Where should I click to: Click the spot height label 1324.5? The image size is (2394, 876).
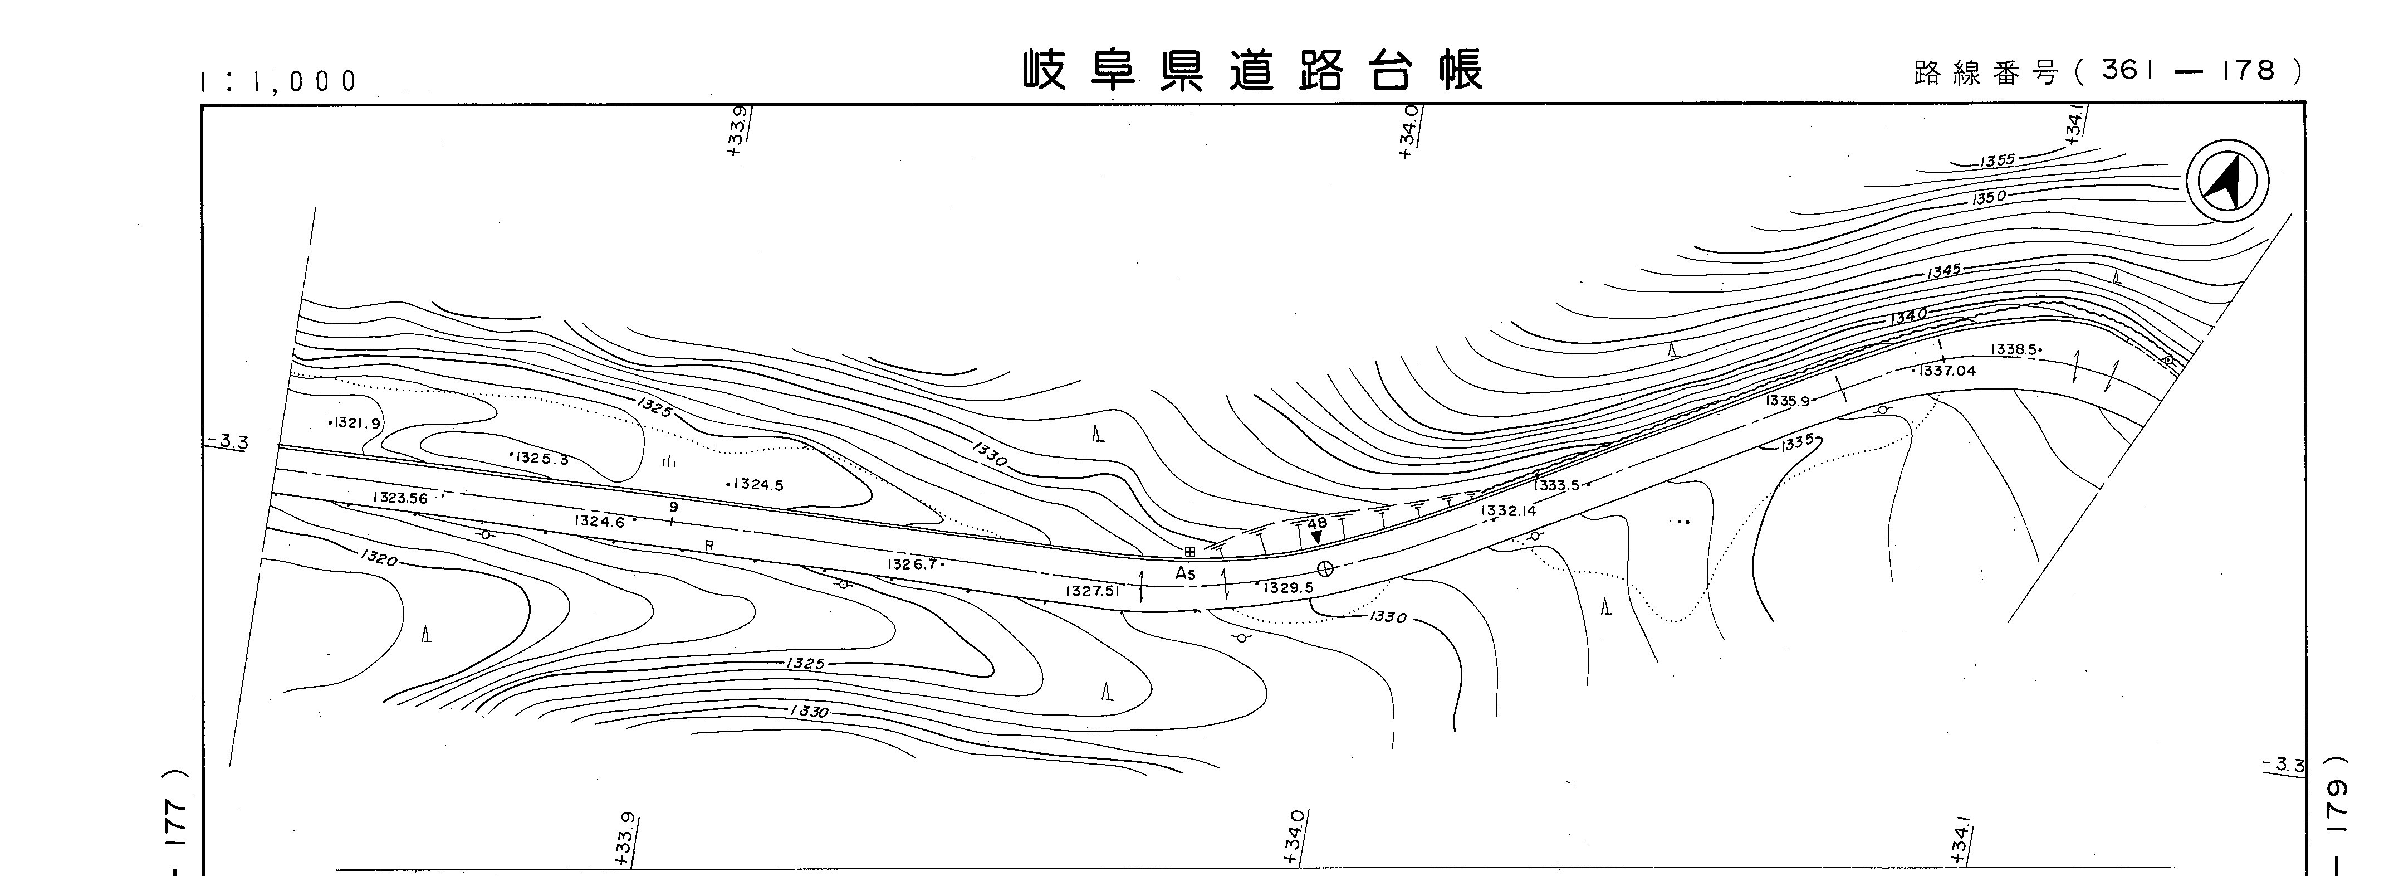pyautogui.click(x=756, y=484)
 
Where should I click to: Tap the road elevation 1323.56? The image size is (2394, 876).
pyautogui.click(x=400, y=498)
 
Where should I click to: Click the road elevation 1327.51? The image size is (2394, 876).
pyautogui.click(x=1093, y=591)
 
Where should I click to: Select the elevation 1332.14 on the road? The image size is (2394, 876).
pyautogui.click(x=1509, y=510)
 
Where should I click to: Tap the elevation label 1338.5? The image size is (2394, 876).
pyautogui.click(x=2015, y=349)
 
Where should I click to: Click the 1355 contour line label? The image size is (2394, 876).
pyautogui.click(x=1997, y=161)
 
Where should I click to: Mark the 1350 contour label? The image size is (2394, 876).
pyautogui.click(x=1989, y=198)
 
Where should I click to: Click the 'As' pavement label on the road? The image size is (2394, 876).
pyautogui.click(x=1185, y=574)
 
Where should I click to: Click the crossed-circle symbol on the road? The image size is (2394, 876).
pyautogui.click(x=1325, y=569)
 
